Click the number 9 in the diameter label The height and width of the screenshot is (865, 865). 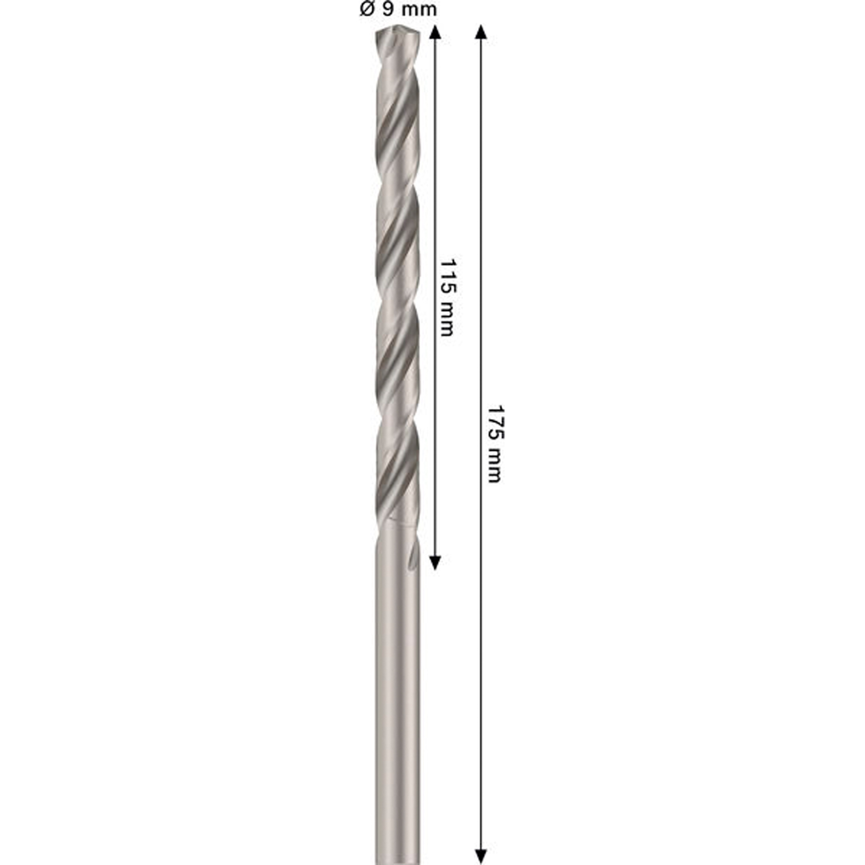(x=389, y=9)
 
